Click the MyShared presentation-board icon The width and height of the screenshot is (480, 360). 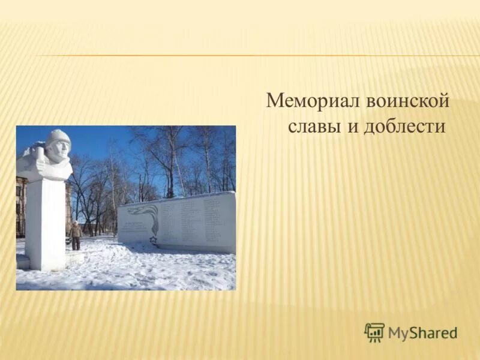click(374, 332)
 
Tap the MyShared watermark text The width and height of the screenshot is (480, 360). click(422, 332)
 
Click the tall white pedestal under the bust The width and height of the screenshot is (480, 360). click(45, 222)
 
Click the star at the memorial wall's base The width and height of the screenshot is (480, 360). click(152, 241)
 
